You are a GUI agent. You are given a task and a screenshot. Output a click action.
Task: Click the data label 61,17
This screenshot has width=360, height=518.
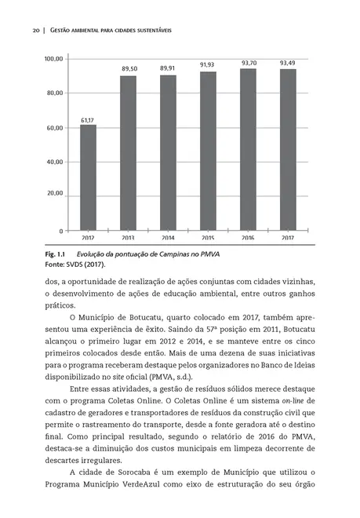[88, 120]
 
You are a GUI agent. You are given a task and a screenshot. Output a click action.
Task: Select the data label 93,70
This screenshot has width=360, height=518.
[249, 63]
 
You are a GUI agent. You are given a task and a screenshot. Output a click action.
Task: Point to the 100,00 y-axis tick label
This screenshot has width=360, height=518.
[54, 59]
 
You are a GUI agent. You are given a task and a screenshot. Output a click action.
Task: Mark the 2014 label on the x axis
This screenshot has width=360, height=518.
[168, 237]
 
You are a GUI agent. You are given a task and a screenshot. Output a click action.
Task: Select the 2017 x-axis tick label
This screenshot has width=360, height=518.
[288, 237]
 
